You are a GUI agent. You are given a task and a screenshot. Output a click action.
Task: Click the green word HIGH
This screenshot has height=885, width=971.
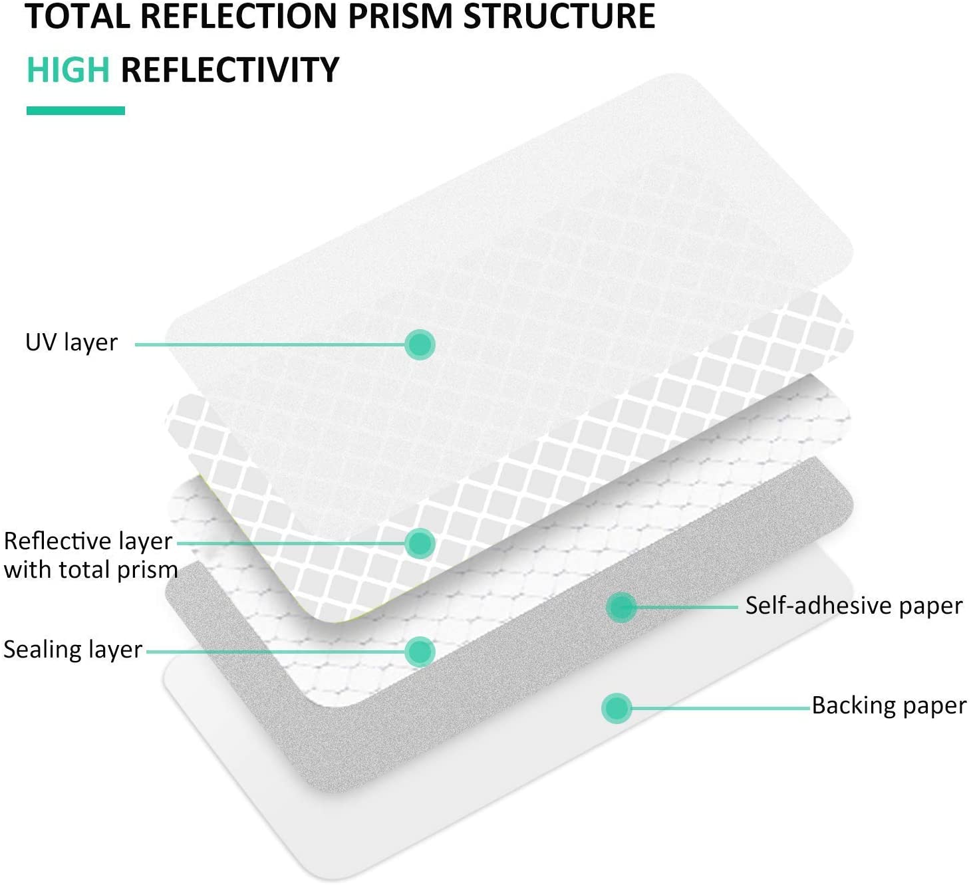tap(69, 70)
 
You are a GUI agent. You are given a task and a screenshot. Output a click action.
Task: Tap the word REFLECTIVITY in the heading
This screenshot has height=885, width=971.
tap(230, 70)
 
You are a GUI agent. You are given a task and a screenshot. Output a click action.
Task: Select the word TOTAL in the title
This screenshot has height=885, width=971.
tap(77, 17)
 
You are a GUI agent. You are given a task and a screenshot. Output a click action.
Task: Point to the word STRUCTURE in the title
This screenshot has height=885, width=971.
tap(559, 17)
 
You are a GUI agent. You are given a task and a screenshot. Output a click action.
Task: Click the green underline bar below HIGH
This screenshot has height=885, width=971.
tap(76, 111)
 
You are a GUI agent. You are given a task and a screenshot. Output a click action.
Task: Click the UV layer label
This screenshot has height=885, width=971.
tap(71, 343)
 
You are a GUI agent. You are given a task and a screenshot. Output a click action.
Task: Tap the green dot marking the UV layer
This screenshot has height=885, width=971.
tap(420, 344)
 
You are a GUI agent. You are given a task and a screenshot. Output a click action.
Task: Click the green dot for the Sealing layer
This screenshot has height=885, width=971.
tap(420, 652)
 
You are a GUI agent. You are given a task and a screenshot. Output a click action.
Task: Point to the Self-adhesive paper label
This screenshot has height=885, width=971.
tap(854, 606)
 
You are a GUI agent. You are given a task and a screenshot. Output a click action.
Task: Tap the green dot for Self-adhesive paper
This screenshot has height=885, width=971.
tap(621, 607)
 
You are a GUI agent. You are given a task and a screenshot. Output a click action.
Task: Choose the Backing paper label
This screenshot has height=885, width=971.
tap(889, 705)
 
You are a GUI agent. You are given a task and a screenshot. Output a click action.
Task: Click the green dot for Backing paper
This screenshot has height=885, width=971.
tap(617, 708)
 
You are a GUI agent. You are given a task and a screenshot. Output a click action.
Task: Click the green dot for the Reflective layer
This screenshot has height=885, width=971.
tap(420, 543)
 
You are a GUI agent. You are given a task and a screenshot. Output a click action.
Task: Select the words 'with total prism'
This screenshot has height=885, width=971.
tap(91, 570)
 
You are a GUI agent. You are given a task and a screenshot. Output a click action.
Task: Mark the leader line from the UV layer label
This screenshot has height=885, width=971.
tap(270, 344)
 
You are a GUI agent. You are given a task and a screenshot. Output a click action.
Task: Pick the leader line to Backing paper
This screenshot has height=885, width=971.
tap(721, 708)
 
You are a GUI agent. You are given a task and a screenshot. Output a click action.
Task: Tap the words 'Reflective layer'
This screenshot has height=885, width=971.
tap(88, 541)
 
